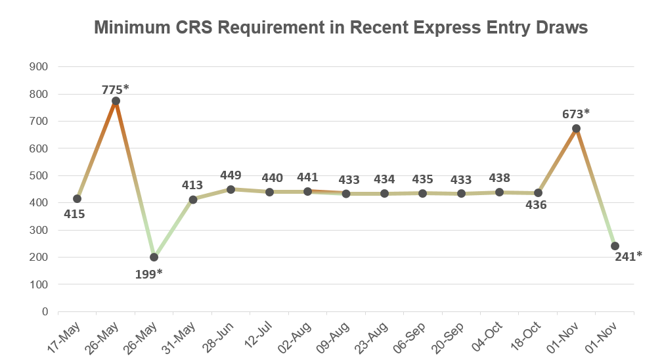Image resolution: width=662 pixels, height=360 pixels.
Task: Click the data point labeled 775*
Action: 116,101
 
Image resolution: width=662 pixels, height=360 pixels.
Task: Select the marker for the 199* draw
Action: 154,257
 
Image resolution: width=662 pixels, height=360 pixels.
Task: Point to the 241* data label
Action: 629,256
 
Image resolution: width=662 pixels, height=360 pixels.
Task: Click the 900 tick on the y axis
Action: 39,66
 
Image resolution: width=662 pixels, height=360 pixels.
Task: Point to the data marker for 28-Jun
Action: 231,189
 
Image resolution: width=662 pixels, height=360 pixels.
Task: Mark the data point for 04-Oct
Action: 499,192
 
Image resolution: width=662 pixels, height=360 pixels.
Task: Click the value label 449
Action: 231,175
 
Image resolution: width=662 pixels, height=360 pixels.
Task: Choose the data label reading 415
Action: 74,214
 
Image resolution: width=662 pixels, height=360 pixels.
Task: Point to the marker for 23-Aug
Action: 385,193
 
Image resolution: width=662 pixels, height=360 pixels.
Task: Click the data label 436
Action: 535,205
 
